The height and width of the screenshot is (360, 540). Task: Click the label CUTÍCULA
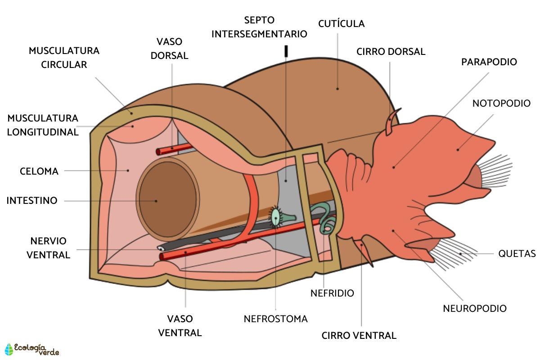coord(341,23)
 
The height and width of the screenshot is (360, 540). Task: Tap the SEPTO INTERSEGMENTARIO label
coord(259,27)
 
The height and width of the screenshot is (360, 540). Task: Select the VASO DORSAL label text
coord(169,49)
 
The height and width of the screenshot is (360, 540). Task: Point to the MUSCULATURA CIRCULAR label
coord(64,58)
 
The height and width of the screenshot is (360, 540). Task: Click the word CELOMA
coord(39,171)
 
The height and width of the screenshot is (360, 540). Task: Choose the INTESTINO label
coord(32,201)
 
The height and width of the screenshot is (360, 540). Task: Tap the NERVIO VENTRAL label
coord(48,247)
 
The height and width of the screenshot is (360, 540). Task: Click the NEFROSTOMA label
coord(275,319)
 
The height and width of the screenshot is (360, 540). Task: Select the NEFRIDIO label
coord(332,293)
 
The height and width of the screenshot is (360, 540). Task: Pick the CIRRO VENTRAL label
coord(359,336)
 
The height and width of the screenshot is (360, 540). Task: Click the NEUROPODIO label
coord(475,309)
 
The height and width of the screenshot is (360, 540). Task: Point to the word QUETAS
coord(517,254)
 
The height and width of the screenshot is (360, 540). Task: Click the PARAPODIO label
coord(489,62)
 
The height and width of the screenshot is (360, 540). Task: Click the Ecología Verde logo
coord(31,349)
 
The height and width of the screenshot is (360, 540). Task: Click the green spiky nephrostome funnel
coord(275,217)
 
